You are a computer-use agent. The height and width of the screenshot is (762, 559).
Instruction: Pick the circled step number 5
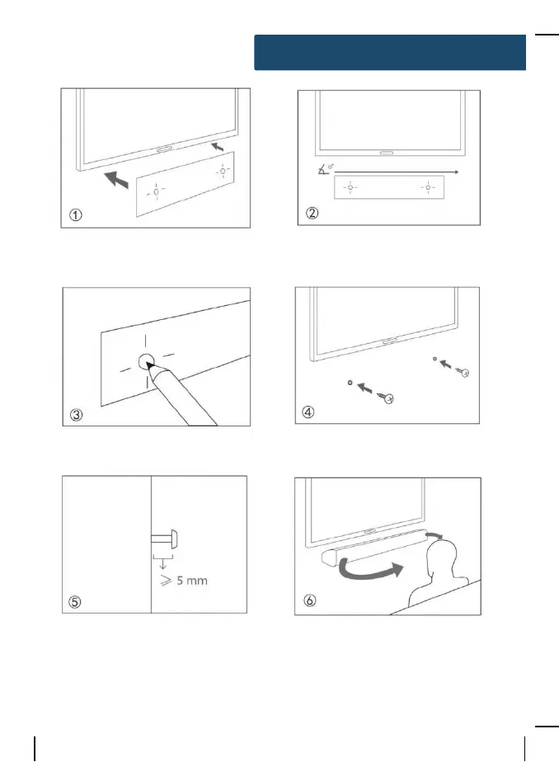pos(75,602)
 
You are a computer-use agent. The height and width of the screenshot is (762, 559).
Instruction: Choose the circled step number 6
pos(307,602)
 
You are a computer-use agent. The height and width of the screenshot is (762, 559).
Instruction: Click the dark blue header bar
pos(390,52)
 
